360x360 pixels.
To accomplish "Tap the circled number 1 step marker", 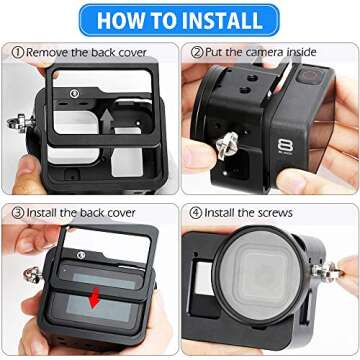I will click(x=17, y=51).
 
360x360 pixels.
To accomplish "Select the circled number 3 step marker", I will click(x=17, y=211).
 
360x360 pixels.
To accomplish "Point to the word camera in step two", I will click(x=275, y=51).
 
